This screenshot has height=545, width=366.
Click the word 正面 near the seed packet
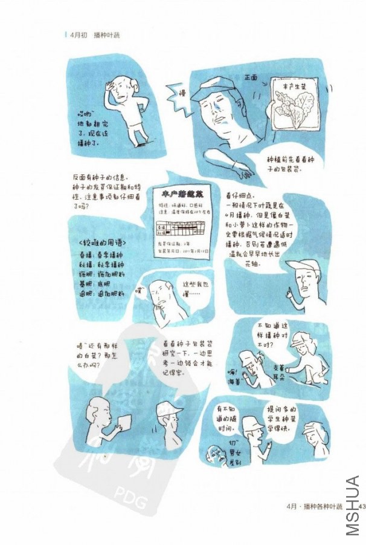click(x=251, y=78)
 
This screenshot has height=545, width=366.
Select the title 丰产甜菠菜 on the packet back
click(x=182, y=195)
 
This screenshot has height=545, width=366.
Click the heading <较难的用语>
click(x=102, y=243)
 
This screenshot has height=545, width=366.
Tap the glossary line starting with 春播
click(x=100, y=255)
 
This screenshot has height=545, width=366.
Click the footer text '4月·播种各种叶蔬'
click(x=315, y=506)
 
